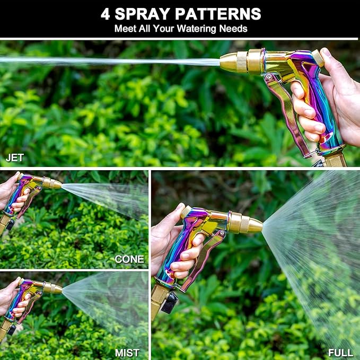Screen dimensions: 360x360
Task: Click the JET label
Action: point(14,157)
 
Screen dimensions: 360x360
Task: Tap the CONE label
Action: point(129,259)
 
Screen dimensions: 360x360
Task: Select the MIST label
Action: point(127,353)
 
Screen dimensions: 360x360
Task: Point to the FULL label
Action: point(340,353)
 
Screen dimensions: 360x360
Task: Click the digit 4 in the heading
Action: point(106,13)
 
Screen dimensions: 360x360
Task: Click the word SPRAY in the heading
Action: point(142,13)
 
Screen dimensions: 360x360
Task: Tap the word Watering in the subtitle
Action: point(197,29)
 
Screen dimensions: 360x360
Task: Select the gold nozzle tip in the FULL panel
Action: point(253,225)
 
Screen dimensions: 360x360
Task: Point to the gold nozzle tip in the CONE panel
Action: point(56,184)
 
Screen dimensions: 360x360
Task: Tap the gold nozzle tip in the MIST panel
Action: point(56,288)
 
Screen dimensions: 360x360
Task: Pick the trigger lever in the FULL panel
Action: point(204,254)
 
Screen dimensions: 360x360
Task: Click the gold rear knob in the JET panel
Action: point(317,57)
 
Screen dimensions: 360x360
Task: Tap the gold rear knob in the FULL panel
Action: point(185,212)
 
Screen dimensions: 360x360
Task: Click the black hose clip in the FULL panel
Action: point(170,303)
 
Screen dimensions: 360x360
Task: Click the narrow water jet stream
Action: point(106,60)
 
